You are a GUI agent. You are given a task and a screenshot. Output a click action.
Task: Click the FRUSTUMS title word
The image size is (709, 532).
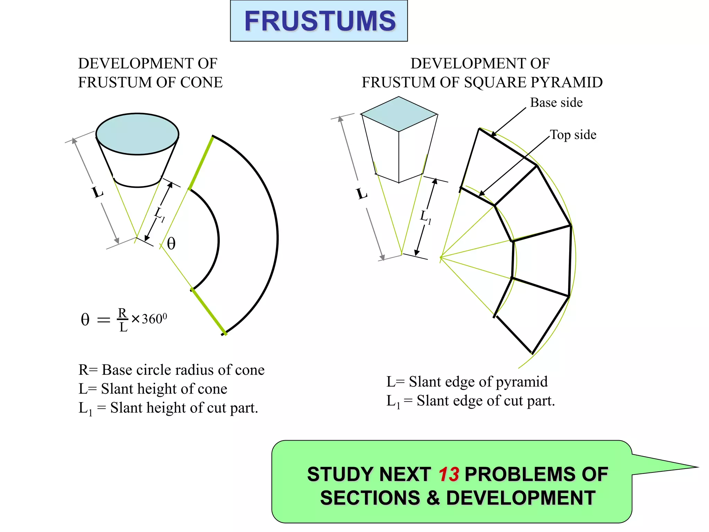coord(320,21)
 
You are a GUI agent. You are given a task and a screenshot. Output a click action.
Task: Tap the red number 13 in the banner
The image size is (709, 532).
coord(449,475)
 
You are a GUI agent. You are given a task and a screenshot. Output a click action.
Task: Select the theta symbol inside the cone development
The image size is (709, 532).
coord(171,243)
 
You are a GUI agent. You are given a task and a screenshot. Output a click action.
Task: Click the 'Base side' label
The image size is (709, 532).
coord(556,103)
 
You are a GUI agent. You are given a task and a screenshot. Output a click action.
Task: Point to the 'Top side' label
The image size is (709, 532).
coord(573,135)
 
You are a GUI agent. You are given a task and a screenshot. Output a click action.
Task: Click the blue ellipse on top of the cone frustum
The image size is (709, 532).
coord(137,134)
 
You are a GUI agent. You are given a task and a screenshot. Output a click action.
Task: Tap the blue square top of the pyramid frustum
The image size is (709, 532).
coord(399,114)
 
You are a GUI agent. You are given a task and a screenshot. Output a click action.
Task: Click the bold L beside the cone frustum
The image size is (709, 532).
coord(98,192)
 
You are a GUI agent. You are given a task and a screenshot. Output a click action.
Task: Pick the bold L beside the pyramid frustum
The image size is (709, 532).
coord(362,194)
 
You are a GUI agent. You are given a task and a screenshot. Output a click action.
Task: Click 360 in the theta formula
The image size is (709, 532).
coord(152,319)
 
